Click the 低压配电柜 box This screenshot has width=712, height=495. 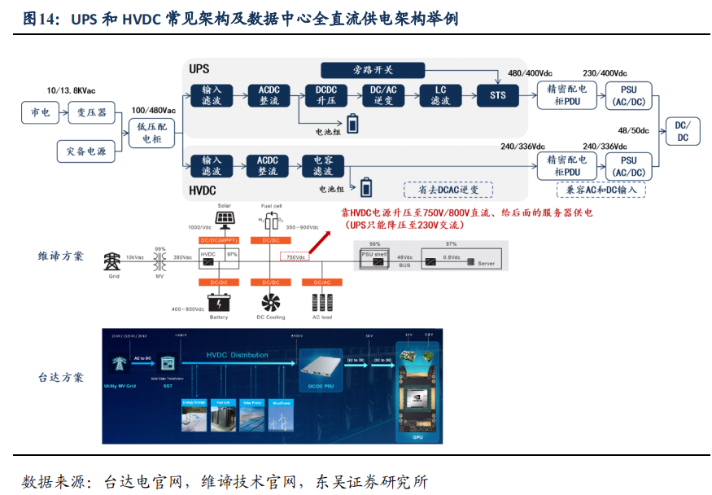(152, 133)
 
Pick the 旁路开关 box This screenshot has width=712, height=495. (373, 70)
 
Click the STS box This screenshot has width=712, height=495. (497, 95)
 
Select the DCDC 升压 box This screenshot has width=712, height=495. (325, 95)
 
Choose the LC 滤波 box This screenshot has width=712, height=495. (440, 95)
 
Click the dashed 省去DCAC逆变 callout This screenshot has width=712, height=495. (448, 190)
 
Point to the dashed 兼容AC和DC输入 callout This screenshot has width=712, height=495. (601, 190)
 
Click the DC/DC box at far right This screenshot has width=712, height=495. (683, 131)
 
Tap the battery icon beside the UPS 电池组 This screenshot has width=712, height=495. (352, 124)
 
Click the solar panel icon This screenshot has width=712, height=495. (225, 221)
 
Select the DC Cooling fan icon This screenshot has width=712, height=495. (268, 300)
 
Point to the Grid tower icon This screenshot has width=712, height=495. (112, 261)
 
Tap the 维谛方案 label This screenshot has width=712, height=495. (61, 256)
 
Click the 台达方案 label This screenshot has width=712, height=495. (61, 377)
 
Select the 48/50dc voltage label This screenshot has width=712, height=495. (634, 130)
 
